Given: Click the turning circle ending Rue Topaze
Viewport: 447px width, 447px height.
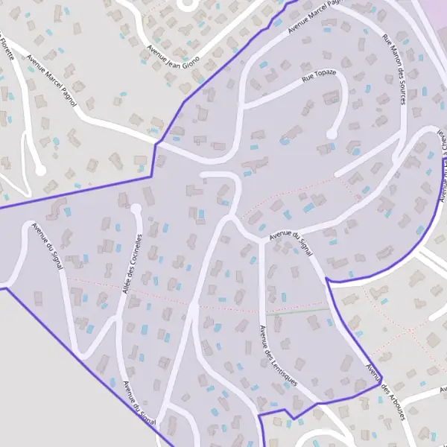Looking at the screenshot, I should (x=331, y=135).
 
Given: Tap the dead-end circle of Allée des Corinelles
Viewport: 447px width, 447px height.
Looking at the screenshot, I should (x=136, y=209).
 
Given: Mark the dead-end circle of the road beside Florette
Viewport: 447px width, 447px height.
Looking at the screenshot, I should (x=41, y=171).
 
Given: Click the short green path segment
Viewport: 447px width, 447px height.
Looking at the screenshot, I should (x=309, y=310).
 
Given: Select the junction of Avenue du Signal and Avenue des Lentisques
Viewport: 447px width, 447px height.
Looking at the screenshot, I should (x=261, y=240).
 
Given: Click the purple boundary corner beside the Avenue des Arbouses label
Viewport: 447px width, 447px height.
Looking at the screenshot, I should (x=379, y=385).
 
